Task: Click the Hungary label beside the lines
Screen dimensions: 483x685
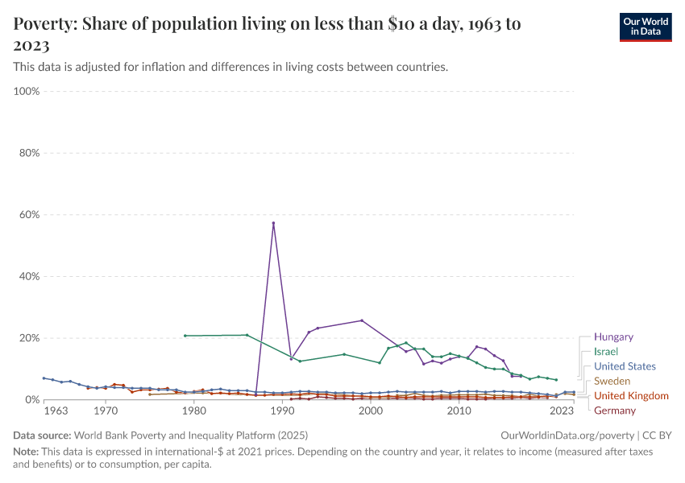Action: [613, 337]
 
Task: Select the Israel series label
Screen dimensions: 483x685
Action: [605, 352]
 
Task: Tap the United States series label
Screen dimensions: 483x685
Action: [625, 366]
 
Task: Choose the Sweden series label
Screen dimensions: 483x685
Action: [612, 381]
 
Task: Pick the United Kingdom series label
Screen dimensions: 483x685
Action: [631, 395]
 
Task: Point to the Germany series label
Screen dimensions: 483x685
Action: [614, 411]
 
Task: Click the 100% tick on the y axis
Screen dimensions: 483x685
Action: [27, 92]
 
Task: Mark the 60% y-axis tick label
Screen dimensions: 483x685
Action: [29, 215]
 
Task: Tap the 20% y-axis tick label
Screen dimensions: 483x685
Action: [29, 338]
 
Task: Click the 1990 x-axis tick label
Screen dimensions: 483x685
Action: [282, 411]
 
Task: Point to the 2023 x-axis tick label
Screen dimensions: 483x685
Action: [562, 411]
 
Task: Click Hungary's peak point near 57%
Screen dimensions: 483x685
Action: [273, 223]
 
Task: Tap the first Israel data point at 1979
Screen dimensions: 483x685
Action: [185, 336]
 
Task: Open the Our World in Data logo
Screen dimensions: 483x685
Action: [645, 26]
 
